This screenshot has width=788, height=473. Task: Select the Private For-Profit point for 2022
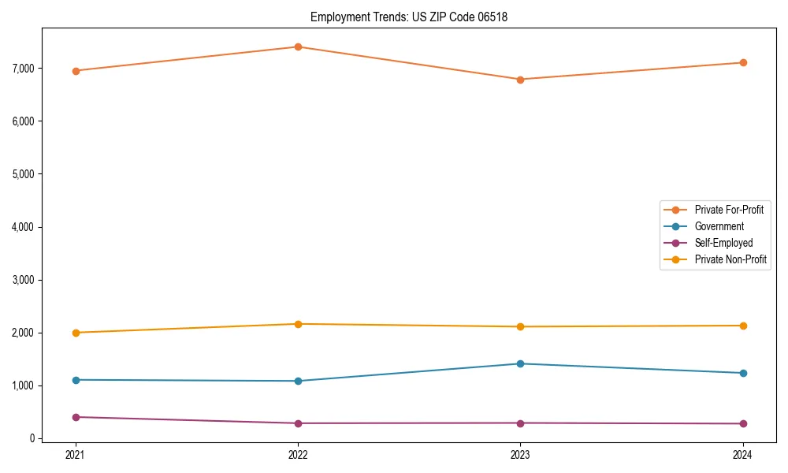(x=298, y=47)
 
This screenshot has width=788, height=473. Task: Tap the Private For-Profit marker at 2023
(x=520, y=80)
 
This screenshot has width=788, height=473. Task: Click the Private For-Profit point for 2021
(x=76, y=71)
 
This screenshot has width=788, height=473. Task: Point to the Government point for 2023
(x=520, y=363)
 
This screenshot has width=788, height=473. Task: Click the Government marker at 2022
(x=298, y=381)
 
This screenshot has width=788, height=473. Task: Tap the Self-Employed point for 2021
(x=76, y=417)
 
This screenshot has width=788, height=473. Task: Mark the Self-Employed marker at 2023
(x=520, y=423)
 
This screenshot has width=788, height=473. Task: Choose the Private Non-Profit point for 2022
(x=298, y=324)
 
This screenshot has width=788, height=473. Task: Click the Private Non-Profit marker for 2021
(x=76, y=333)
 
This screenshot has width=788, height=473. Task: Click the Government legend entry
(x=719, y=226)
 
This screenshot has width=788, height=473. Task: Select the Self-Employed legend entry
(x=723, y=243)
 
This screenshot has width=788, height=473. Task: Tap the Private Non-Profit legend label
(x=730, y=259)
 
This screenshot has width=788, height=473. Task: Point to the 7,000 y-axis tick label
(x=24, y=69)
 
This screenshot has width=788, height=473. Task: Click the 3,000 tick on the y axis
(x=24, y=280)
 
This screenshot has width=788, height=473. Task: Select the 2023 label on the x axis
(x=520, y=454)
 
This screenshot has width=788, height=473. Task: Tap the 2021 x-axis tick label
(x=76, y=454)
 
